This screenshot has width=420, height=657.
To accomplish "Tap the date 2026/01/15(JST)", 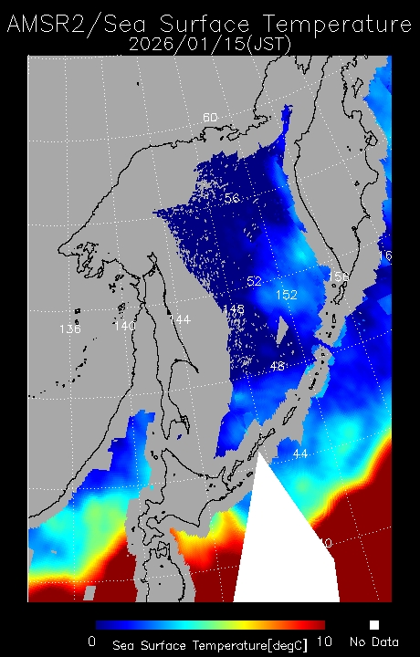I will [x=210, y=43].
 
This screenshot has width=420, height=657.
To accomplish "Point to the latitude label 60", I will [x=210, y=118].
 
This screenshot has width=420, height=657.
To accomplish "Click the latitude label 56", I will [x=232, y=198].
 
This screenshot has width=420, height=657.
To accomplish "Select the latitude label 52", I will [x=255, y=280].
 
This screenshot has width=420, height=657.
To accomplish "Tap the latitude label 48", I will [x=278, y=366].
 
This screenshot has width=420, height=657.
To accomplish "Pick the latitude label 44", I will [x=299, y=454].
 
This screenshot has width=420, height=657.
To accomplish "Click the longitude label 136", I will [x=69, y=328].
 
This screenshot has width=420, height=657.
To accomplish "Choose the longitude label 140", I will [x=124, y=325].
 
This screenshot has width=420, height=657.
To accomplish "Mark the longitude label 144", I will [x=179, y=318].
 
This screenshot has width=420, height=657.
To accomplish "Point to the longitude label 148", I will [x=233, y=309].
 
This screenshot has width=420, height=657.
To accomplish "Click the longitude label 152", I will [x=286, y=295].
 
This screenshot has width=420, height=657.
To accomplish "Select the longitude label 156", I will [x=338, y=276].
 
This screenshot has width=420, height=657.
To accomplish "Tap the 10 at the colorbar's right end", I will [x=323, y=641].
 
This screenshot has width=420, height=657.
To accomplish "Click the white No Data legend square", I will [x=373, y=625].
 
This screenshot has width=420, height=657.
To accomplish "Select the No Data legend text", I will [x=373, y=642].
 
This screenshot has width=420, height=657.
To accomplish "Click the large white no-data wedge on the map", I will [x=283, y=547].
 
